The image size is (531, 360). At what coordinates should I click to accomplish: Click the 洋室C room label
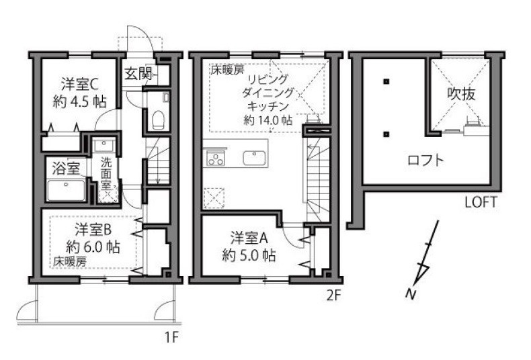pyautogui.click(x=80, y=85)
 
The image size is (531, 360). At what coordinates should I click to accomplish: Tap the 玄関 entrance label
pyautogui.click(x=138, y=73)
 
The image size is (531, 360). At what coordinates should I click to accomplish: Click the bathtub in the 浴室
pyautogui.click(x=66, y=191)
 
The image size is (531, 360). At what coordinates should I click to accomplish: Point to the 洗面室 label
pyautogui.click(x=106, y=173)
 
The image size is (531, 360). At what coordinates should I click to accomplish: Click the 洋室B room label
pyautogui.click(x=93, y=230)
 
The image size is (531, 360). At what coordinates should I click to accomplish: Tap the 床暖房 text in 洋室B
pyautogui.click(x=70, y=261)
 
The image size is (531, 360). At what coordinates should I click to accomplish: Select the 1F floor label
pyautogui.click(x=171, y=337)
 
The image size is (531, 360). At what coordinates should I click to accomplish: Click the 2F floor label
pyautogui.click(x=333, y=296)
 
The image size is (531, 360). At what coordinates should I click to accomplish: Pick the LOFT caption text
pyautogui.click(x=481, y=202)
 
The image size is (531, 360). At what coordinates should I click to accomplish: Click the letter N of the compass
pyautogui.click(x=411, y=294)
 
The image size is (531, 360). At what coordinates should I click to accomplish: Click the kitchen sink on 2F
pyautogui.click(x=254, y=158)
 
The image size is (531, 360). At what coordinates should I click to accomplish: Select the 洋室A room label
pyautogui.click(x=249, y=238)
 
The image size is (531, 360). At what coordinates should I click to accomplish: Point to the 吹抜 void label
pyautogui.click(x=461, y=94)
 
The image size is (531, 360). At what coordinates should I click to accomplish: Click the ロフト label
pyautogui.click(x=425, y=160)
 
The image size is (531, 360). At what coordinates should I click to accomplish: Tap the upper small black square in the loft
pyautogui.click(x=385, y=81)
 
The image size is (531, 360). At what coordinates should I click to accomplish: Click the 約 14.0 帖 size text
pyautogui.click(x=268, y=120)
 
